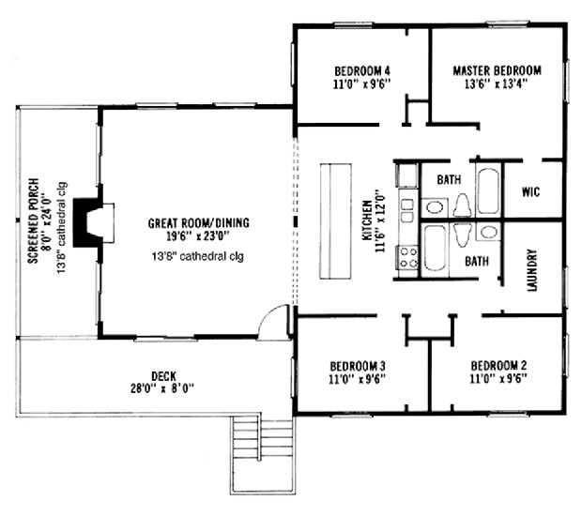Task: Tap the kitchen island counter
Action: (335, 221)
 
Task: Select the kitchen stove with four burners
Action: (407, 255)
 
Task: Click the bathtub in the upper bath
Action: (487, 191)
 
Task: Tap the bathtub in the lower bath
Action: (434, 249)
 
